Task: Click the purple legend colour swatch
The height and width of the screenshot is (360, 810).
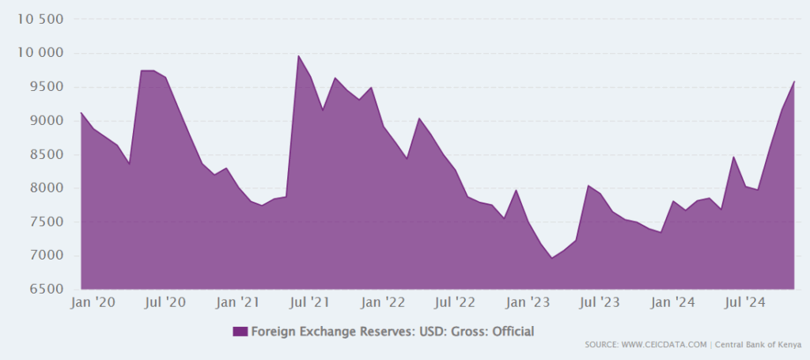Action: point(240,332)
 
